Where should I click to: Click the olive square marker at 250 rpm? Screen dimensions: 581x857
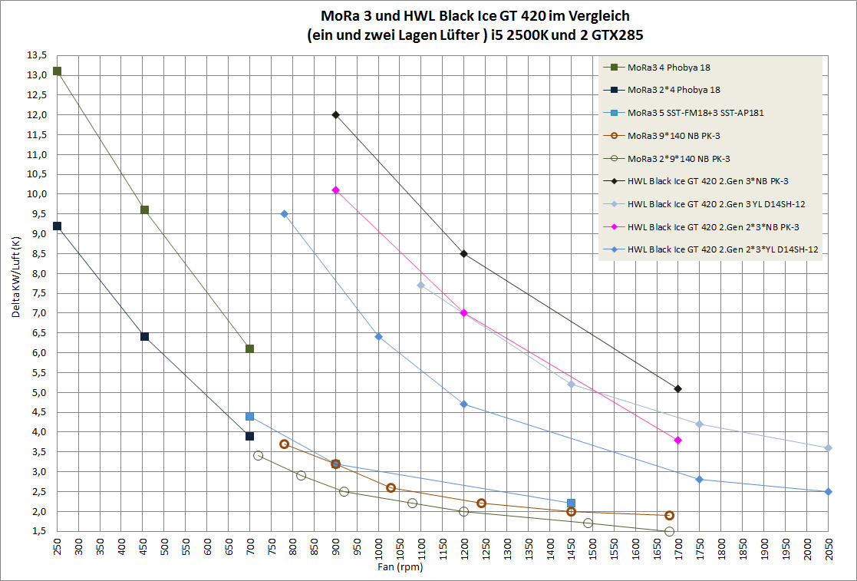coord(57,71)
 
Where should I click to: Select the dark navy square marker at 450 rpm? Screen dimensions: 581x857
coord(144,336)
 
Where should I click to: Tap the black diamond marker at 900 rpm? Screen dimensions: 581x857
coord(335,115)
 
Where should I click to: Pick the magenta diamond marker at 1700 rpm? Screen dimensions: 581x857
coord(677,440)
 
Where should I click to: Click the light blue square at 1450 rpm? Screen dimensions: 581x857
coord(571,503)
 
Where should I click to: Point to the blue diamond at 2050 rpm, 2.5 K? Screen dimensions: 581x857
coord(828,491)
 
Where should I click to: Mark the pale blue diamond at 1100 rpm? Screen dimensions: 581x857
coord(420,286)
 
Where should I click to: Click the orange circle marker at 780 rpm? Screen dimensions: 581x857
coord(284,444)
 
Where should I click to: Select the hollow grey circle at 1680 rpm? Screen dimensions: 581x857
coord(669,531)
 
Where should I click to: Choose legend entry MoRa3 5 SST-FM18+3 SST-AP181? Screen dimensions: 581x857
coord(695,113)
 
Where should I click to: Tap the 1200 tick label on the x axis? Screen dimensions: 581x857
coord(463,551)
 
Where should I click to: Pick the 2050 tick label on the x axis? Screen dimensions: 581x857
coord(828,551)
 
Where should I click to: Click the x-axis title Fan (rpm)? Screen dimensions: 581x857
coord(400,569)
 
